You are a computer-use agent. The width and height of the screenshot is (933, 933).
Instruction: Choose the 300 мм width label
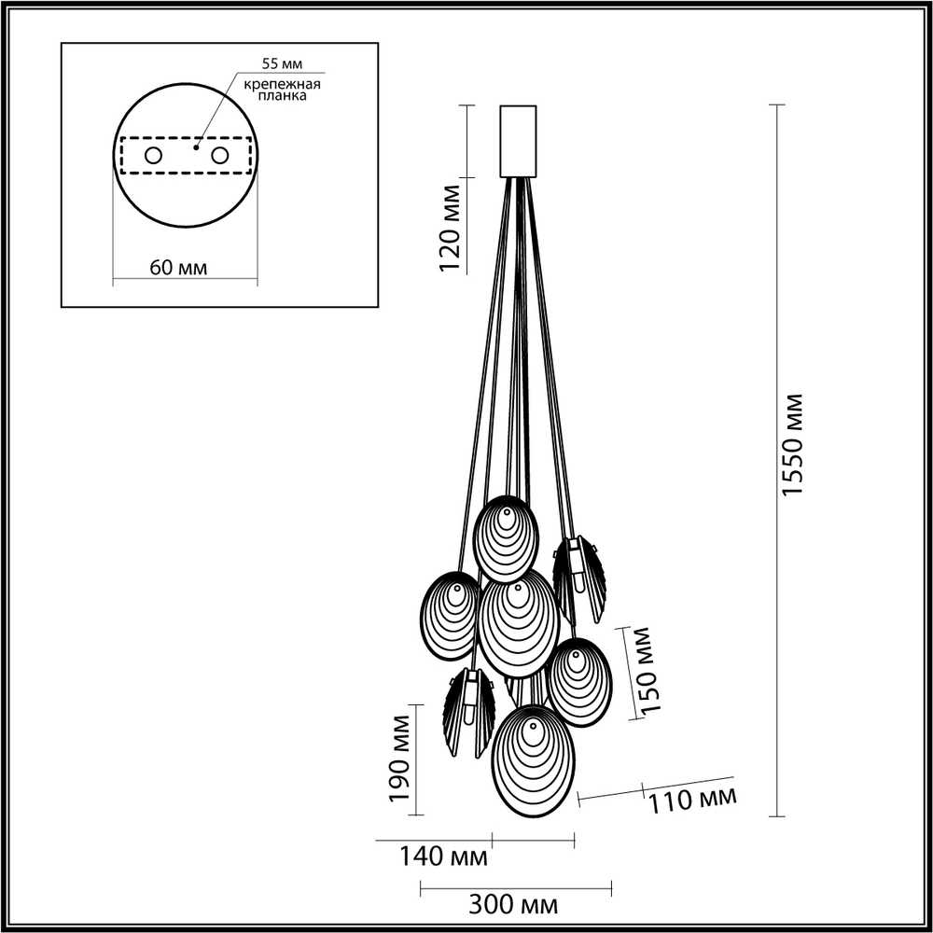click(x=515, y=904)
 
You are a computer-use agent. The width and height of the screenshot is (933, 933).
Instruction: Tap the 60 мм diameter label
click(x=177, y=268)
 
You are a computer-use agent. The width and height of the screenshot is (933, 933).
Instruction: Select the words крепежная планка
click(x=282, y=90)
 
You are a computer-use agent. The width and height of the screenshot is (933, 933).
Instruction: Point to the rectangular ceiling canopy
click(x=518, y=140)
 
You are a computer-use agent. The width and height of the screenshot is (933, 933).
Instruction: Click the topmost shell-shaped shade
click(x=506, y=538)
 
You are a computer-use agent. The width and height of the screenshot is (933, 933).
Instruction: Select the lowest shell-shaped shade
click(x=534, y=760)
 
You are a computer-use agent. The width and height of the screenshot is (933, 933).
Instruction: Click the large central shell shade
click(x=519, y=623)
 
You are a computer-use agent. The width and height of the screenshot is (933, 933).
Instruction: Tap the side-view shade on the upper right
click(x=579, y=578)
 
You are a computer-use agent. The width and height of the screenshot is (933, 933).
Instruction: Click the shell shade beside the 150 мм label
click(x=578, y=682)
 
